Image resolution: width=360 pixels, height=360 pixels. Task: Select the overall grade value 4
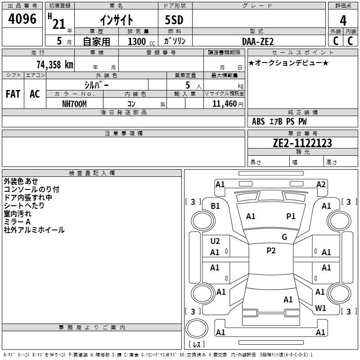click(343, 21)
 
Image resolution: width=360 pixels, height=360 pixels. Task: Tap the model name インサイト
click(116, 20)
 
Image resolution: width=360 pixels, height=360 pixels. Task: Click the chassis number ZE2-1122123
click(302, 143)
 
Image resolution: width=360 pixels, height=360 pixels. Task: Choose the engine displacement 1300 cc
click(139, 41)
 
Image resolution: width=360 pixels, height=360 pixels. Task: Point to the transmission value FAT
click(13, 94)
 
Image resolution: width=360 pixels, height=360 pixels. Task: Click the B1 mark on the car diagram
click(216, 206)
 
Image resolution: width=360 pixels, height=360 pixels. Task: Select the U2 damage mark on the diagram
click(215, 241)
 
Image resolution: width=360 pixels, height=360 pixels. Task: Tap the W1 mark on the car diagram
click(320, 308)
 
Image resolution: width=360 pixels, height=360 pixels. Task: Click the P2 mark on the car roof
click(271, 251)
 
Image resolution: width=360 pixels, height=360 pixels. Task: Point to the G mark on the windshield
click(284, 237)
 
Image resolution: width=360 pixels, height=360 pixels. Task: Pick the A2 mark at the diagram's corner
click(321, 184)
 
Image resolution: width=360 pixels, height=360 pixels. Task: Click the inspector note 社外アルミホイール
click(34, 230)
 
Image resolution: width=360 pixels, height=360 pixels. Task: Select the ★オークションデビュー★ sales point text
click(288, 63)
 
